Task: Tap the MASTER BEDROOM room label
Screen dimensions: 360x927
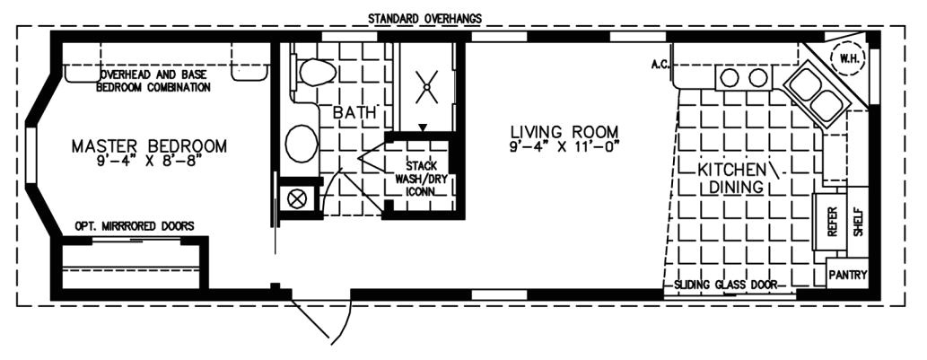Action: (149, 145)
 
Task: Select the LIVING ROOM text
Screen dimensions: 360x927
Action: (562, 131)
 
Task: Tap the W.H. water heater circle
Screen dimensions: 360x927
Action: (846, 58)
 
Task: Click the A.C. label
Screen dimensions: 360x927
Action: (662, 65)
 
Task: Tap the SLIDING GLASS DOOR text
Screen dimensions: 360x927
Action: (725, 285)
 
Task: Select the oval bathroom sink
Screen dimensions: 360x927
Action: (301, 143)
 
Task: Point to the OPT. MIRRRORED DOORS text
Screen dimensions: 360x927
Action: (133, 226)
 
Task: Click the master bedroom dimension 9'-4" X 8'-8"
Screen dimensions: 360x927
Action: (149, 162)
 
